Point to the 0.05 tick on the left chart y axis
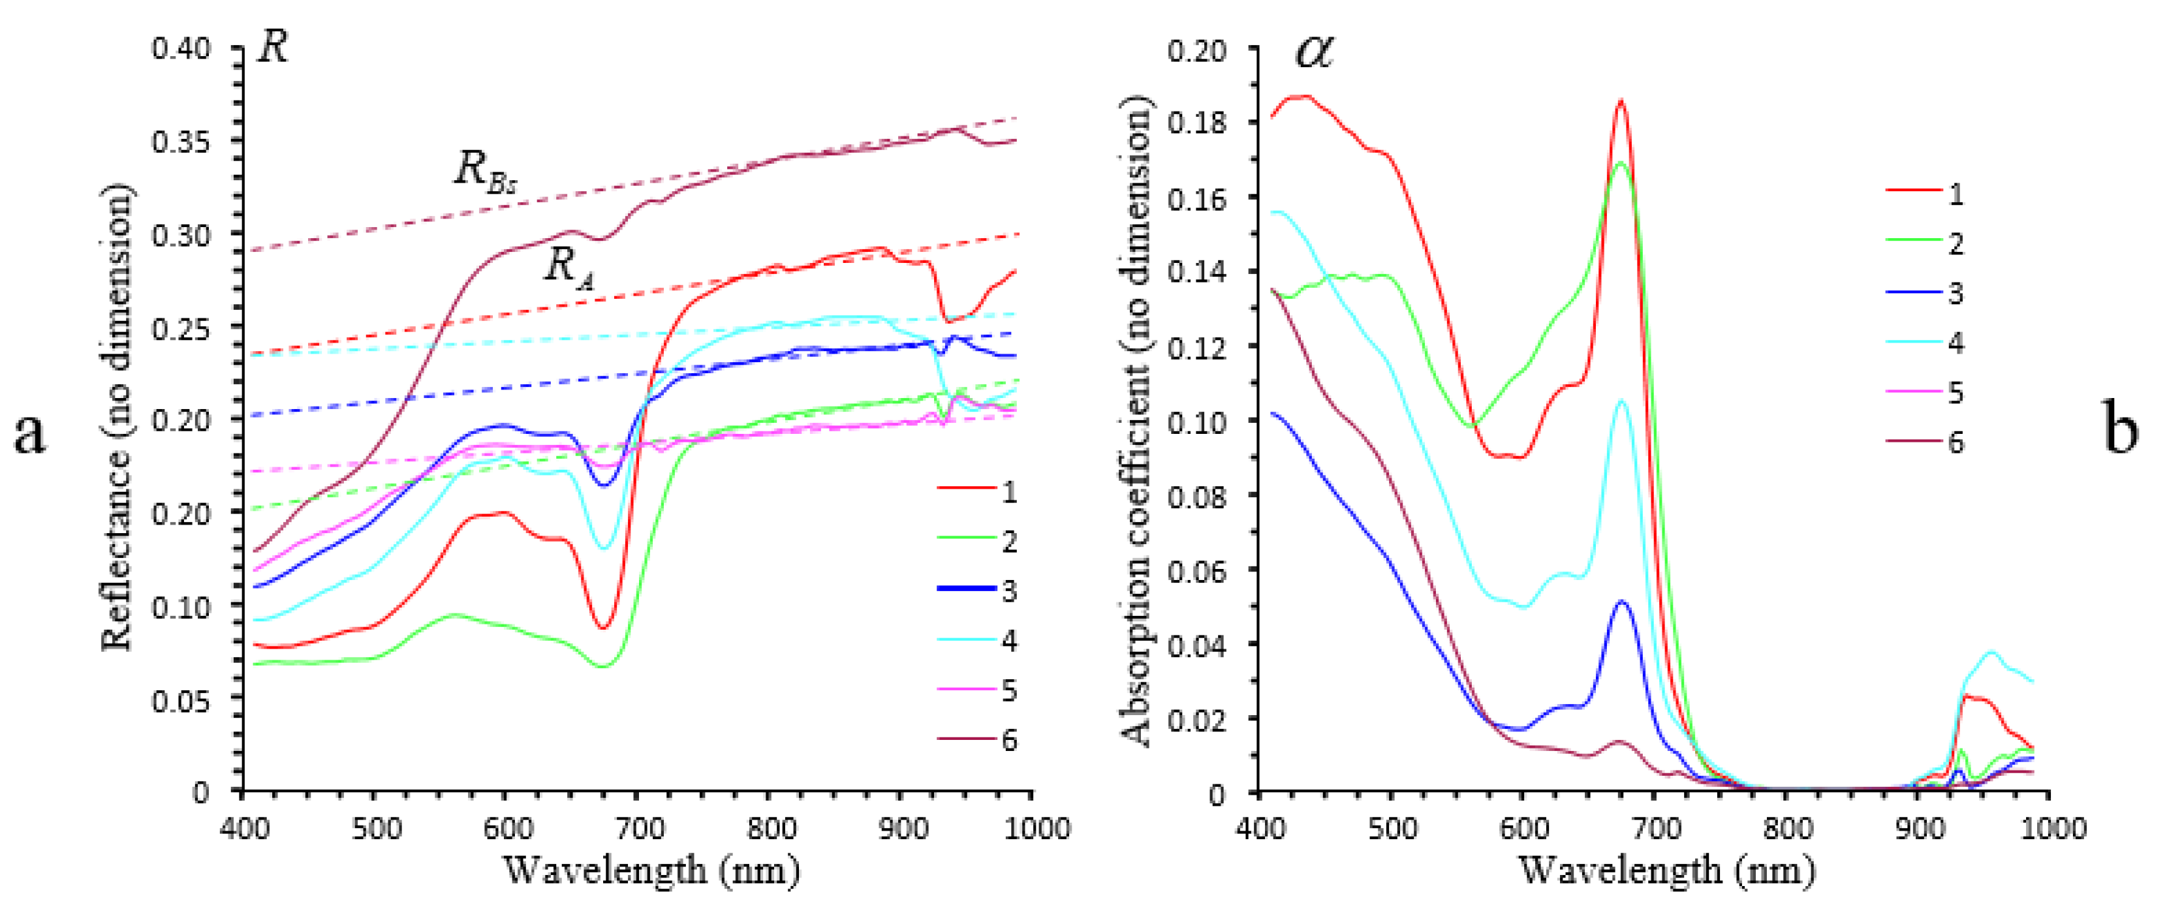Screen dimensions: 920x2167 coord(180,699)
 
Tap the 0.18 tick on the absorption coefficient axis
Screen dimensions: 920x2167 coord(1195,122)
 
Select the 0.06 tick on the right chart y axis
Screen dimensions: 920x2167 coord(1195,571)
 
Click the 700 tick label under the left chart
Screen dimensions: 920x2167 coord(640,829)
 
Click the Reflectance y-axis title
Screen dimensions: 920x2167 coord(117,418)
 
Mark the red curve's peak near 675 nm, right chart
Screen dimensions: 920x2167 coord(1620,102)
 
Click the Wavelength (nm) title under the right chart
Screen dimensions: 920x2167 coord(1666,870)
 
